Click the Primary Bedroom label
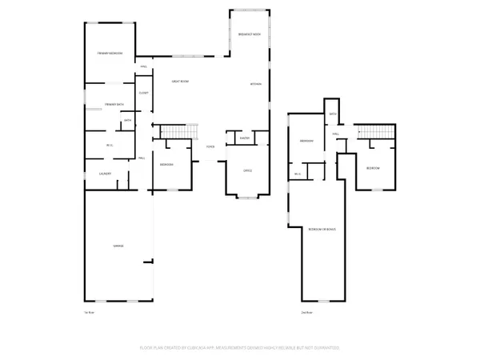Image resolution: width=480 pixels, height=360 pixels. tap(110, 53)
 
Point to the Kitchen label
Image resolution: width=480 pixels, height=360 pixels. tap(256, 84)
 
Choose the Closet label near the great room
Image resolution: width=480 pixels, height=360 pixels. tap(144, 93)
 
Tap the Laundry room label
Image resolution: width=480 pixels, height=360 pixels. tap(104, 174)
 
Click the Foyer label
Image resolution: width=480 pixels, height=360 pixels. tap(210, 147)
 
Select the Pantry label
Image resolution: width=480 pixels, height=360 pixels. tap(245, 138)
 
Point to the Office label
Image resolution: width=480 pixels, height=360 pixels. tap(248, 170)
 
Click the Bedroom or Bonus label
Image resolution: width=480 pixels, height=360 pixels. tap(322, 230)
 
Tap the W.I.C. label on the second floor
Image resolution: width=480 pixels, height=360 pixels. tap(297, 174)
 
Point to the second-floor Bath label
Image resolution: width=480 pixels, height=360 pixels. tap(333, 114)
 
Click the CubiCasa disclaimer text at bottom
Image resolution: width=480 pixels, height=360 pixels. tap(240, 348)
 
